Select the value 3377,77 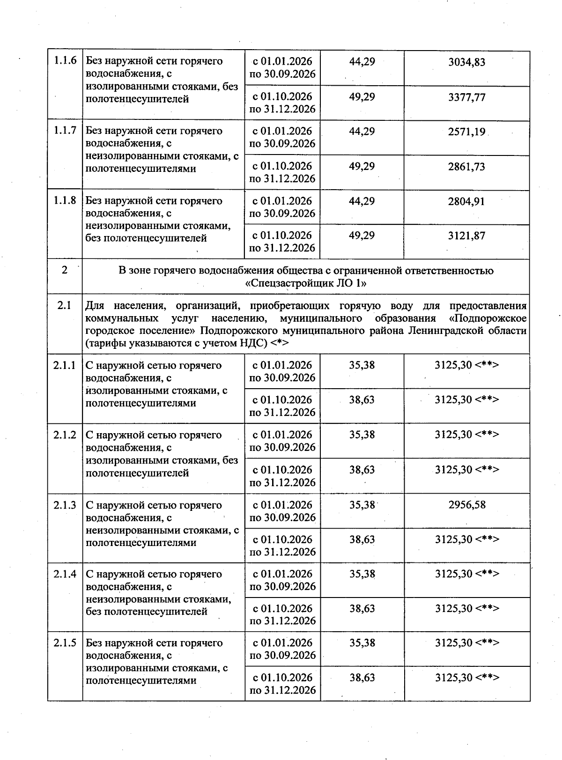click(466, 97)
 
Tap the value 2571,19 click(466, 132)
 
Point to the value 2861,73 click(466, 167)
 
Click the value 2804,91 click(466, 201)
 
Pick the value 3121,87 click(466, 236)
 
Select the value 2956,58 click(466, 505)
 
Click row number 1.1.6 click(65, 61)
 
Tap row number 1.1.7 click(65, 131)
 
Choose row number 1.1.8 click(65, 200)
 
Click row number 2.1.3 click(65, 505)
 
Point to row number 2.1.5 click(65, 643)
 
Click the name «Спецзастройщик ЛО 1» click(306, 284)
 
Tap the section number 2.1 click(64, 306)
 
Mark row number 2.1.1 click(65, 365)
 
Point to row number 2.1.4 click(65, 574)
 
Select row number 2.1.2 click(65, 435)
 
